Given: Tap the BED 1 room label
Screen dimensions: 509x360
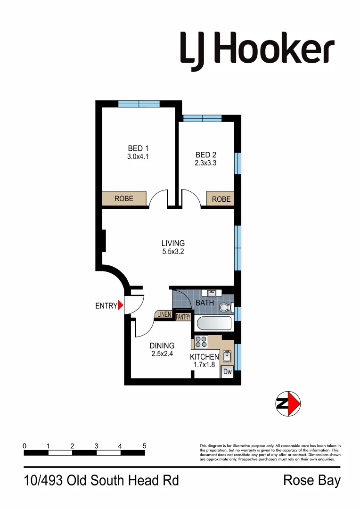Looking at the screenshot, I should tap(138, 149).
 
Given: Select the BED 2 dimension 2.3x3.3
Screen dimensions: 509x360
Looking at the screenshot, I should tap(205, 163).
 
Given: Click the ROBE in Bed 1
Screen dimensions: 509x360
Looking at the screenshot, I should tap(124, 199).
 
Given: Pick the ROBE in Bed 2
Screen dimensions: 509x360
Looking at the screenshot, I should tap(221, 199).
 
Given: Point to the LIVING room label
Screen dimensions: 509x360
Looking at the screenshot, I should tap(173, 243).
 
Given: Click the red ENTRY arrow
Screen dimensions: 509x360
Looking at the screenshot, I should tap(121, 305).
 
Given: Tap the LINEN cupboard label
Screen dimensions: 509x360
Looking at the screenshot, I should tap(164, 314).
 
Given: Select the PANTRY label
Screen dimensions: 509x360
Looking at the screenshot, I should tap(183, 317).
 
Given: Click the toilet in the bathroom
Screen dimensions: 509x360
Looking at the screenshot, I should tap(226, 308).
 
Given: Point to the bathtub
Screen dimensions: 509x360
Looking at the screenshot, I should tap(214, 324).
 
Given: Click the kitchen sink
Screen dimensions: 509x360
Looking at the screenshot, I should tap(227, 356).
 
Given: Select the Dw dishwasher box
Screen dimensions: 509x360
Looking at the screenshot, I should tap(227, 372).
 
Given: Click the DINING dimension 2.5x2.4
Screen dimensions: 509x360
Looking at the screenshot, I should tap(162, 354).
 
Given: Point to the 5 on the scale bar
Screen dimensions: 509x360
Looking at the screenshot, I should tap(144, 445).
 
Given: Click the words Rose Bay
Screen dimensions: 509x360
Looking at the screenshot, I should tap(311, 481).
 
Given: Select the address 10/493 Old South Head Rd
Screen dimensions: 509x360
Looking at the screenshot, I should tap(101, 481).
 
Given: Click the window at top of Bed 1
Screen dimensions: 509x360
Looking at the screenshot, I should tap(139, 104).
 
